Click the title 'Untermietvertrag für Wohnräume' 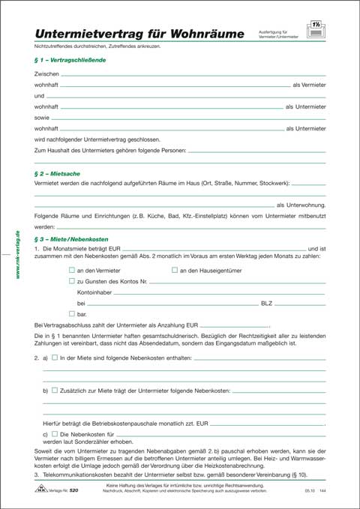point(139,34)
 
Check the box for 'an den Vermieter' point(72,270)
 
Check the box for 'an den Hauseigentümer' point(175,270)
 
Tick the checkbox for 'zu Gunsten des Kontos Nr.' point(72,281)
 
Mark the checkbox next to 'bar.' point(72,313)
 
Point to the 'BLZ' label point(266,303)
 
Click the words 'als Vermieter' point(308,86)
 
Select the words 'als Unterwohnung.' point(301,205)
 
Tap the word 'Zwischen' point(46,75)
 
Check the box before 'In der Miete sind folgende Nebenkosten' point(55,358)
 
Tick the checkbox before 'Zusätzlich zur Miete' point(55,391)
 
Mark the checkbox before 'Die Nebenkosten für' point(55,434)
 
